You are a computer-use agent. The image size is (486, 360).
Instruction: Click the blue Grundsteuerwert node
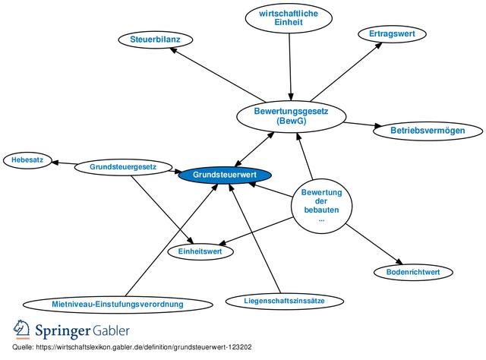click(x=225, y=175)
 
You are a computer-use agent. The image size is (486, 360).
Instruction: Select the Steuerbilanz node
click(x=155, y=39)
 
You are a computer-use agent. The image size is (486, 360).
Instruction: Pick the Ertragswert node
click(x=387, y=34)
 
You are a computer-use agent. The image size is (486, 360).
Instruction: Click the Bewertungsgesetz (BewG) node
click(x=291, y=115)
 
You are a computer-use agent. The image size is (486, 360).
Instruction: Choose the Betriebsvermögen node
click(x=416, y=130)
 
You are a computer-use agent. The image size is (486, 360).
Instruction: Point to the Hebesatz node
click(x=27, y=160)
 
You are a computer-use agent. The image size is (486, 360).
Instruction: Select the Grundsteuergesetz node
click(x=123, y=166)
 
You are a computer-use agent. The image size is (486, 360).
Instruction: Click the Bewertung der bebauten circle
click(x=321, y=205)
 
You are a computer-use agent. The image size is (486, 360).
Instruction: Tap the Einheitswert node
click(x=199, y=251)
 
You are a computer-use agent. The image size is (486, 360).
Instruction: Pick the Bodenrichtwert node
click(x=413, y=271)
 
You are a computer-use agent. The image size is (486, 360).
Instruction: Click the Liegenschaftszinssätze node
click(x=284, y=301)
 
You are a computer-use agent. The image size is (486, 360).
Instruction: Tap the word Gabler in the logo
click(x=111, y=331)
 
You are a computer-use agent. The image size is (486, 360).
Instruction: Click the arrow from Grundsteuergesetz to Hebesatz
click(x=64, y=163)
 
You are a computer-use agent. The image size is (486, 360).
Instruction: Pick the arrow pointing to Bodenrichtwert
click(x=372, y=243)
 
